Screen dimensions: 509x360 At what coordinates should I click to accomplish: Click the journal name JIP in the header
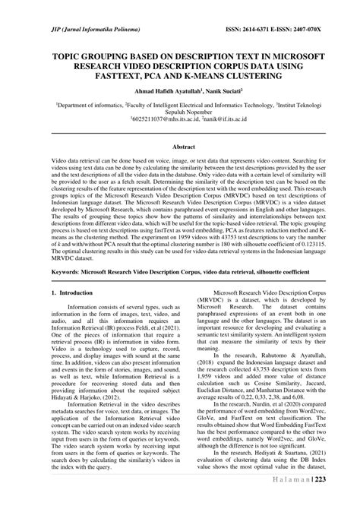(36, 30)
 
